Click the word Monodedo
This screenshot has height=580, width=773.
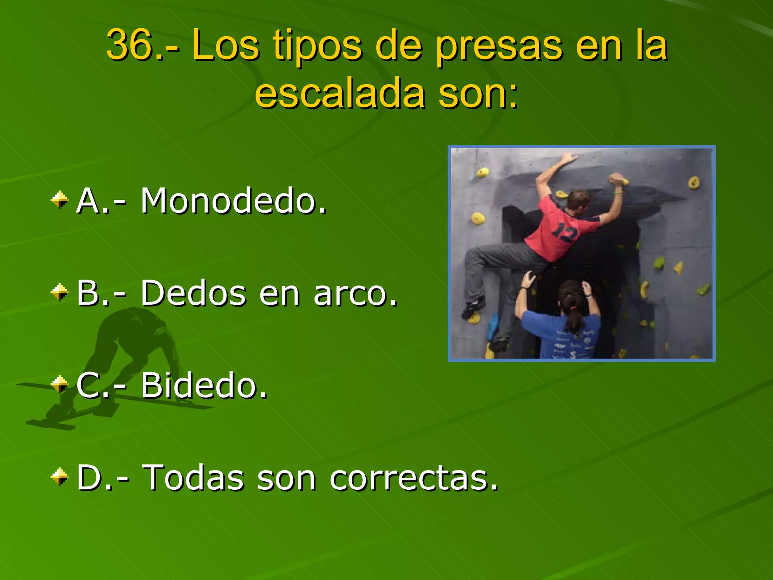coord(233,201)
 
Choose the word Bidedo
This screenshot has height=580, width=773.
coord(204,386)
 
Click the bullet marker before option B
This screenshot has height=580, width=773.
coord(60,292)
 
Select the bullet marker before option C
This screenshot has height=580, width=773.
coord(60,384)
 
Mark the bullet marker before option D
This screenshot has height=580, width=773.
coord(60,477)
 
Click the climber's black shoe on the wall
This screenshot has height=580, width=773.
coord(474,307)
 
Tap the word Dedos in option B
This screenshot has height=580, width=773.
coord(193,293)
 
